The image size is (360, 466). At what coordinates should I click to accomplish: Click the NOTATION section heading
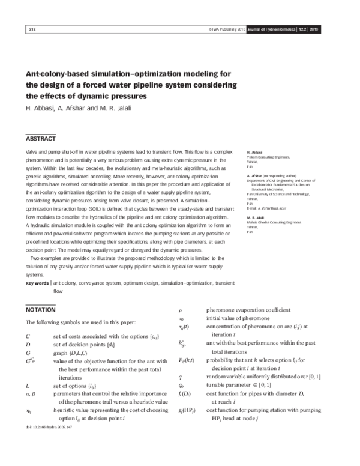pyautogui.click(x=41, y=310)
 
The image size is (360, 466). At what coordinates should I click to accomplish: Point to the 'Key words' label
pyautogui.click(x=37, y=282)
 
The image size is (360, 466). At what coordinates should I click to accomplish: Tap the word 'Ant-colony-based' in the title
pyautogui.click(x=63, y=74)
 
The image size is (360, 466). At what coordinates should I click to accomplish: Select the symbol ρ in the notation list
pyautogui.click(x=181, y=310)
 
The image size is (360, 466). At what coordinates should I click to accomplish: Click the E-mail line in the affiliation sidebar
pyautogui.click(x=270, y=207)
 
